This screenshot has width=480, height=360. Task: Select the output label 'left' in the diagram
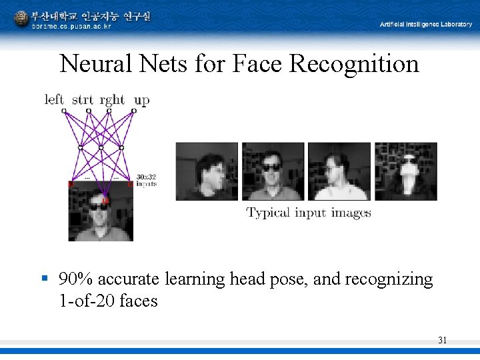[x=54, y=100]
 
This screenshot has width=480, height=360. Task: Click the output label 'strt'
[x=83, y=100]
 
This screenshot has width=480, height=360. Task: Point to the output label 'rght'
[x=112, y=100]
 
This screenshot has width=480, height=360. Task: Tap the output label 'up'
[x=141, y=101]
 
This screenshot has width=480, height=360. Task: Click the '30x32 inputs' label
[x=146, y=180]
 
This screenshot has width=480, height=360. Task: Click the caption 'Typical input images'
[x=309, y=213]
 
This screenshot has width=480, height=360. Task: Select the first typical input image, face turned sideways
[x=207, y=171]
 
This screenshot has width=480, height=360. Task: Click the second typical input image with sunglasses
[x=272, y=171]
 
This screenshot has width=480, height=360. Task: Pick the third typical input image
[x=339, y=171]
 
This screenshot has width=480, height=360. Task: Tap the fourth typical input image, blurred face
[x=405, y=171]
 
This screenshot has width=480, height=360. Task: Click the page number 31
[x=442, y=341]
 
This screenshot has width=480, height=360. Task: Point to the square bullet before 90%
[x=45, y=278]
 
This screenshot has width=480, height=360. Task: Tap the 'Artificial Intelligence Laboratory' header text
[x=426, y=25]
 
